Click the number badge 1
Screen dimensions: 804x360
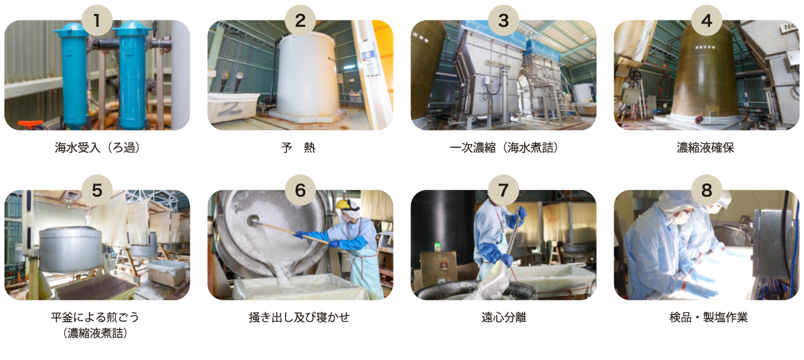point(97,20)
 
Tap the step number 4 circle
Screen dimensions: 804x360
point(706,20)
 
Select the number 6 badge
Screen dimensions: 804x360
point(300,190)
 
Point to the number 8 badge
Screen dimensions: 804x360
point(706,190)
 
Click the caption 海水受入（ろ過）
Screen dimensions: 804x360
point(97,148)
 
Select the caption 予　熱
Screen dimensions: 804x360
point(298,148)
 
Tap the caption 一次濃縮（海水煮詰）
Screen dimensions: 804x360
point(504,148)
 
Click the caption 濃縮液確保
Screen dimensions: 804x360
point(705,148)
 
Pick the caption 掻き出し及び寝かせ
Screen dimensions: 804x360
point(299,317)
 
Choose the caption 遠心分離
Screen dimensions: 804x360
point(504,317)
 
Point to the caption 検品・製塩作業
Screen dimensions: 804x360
point(709,317)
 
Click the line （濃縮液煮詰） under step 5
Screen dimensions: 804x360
point(95,333)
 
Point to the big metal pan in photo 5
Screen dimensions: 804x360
point(70,248)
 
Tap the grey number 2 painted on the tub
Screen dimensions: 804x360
point(231,109)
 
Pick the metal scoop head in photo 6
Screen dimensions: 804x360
point(254,220)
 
